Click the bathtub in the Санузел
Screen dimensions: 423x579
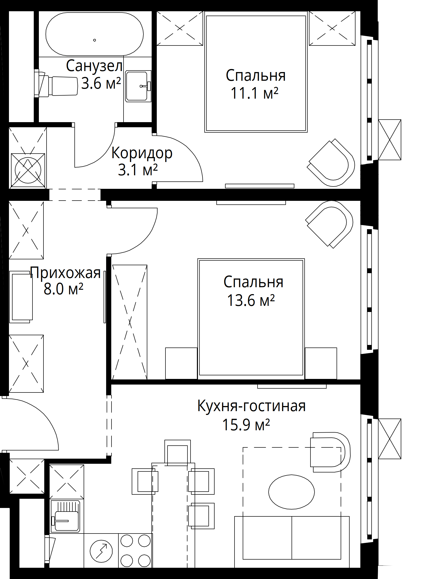[x=94, y=34]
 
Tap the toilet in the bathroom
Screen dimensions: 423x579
[x=56, y=84]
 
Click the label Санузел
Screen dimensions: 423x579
[x=94, y=66]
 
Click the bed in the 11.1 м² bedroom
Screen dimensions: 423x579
[x=256, y=74]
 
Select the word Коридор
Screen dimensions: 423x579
[x=142, y=153]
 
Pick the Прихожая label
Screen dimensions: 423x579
[x=65, y=273]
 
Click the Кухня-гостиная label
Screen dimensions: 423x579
[x=251, y=406]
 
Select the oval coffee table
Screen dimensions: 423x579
[x=292, y=492]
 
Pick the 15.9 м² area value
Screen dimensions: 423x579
[x=246, y=425]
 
